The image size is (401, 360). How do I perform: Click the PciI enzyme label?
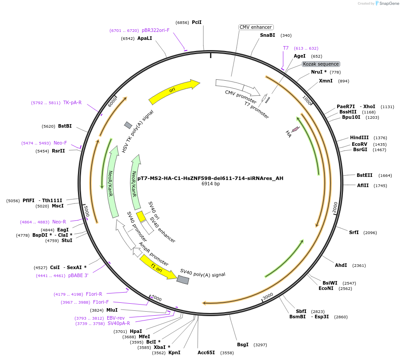[x=197, y=22]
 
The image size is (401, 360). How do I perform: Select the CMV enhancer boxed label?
[x=256, y=27]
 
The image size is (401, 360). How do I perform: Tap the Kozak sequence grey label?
[x=321, y=64]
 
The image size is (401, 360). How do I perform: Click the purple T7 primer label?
[x=286, y=48]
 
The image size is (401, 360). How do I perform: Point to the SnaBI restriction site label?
[x=268, y=35]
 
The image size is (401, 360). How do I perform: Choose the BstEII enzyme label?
[x=365, y=175]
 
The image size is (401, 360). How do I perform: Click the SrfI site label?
[x=354, y=232]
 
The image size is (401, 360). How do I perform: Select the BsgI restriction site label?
[x=243, y=344]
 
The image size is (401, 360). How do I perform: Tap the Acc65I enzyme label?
[x=206, y=352]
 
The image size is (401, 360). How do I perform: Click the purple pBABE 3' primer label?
[x=78, y=275]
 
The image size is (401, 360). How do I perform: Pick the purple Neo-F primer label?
[x=60, y=143]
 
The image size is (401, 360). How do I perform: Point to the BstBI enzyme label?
[x=65, y=126]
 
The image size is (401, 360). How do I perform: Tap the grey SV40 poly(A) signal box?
[x=183, y=280]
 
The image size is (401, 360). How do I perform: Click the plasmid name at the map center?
[x=210, y=178]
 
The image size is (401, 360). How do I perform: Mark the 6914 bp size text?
[x=210, y=184]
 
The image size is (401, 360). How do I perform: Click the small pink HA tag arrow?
[x=296, y=129]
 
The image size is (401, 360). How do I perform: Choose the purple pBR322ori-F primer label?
[x=156, y=30]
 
